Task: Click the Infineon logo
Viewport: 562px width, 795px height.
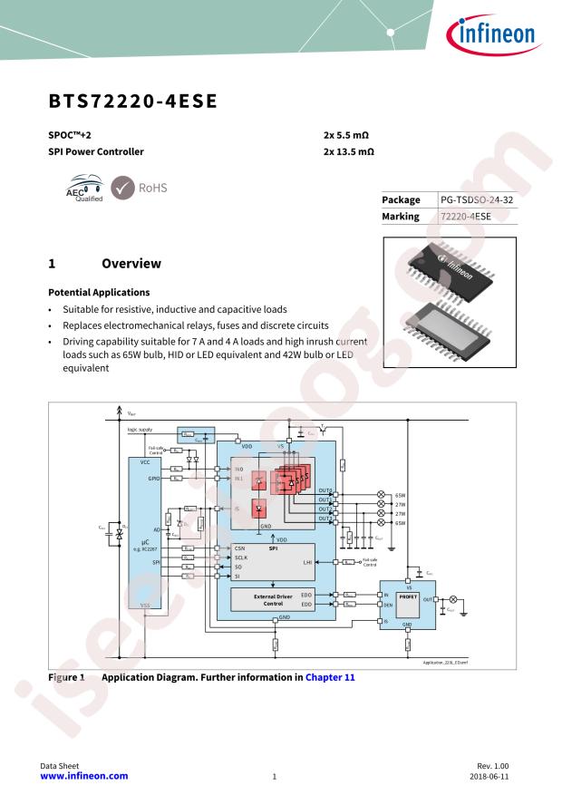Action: [x=493, y=36]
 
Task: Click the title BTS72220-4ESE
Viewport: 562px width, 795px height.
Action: [x=132, y=101]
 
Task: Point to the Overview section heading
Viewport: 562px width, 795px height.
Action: [x=131, y=264]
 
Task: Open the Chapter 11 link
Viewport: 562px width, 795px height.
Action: [x=330, y=676]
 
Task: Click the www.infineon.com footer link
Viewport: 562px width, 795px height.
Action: [x=85, y=776]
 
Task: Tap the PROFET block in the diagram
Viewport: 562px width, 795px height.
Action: [x=407, y=596]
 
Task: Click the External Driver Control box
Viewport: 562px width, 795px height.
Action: [x=273, y=598]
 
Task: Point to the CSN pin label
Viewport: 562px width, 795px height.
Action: [x=240, y=548]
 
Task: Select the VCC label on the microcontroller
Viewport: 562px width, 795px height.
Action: [x=145, y=461]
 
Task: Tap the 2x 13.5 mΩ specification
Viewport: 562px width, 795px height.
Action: [x=349, y=152]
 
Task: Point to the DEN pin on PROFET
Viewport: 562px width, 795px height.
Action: [x=387, y=603]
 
